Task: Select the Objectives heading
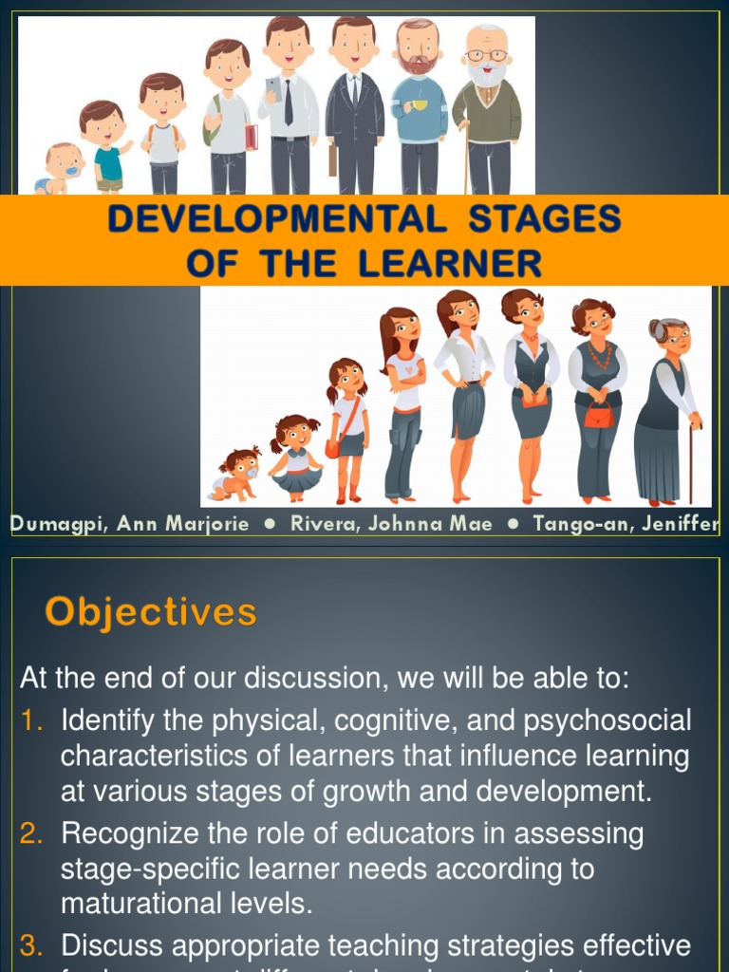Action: click(150, 612)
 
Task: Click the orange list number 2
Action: click(31, 834)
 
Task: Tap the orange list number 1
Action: click(33, 721)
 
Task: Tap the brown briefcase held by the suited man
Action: click(332, 159)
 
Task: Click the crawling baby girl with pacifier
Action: click(237, 473)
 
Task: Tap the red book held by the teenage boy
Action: click(251, 138)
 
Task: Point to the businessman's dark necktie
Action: click(289, 102)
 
